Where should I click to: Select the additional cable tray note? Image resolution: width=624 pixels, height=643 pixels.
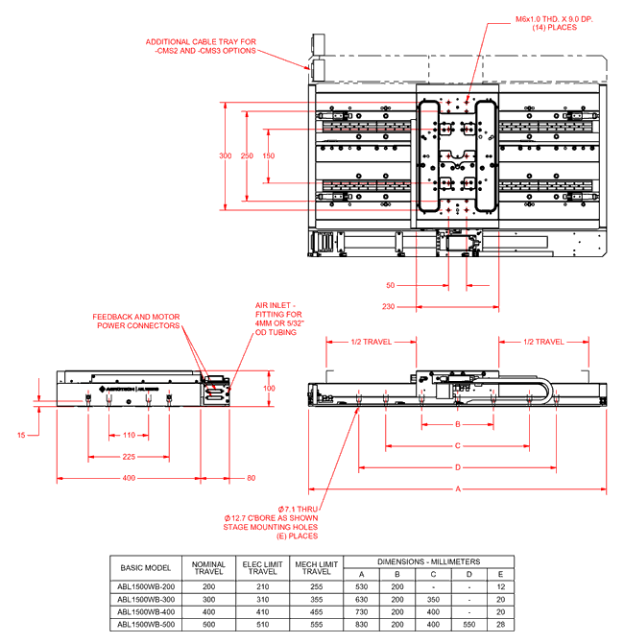click(201, 47)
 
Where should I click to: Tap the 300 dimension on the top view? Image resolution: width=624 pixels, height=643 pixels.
click(226, 155)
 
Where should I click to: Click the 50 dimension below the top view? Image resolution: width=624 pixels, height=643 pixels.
click(391, 285)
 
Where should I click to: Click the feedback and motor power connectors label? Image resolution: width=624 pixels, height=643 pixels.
click(136, 321)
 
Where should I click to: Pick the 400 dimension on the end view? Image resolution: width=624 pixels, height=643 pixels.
click(129, 477)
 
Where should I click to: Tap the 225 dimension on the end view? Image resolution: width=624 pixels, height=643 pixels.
click(128, 457)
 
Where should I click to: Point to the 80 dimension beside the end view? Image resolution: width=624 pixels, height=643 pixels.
click(252, 477)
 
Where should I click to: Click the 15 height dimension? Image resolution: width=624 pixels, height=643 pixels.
click(21, 408)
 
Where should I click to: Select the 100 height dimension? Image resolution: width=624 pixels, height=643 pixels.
click(269, 389)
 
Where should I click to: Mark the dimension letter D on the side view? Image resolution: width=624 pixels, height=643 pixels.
click(457, 467)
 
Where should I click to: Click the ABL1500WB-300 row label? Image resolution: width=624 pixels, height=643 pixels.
click(146, 599)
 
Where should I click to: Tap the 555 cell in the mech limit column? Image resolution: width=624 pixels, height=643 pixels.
click(316, 624)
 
